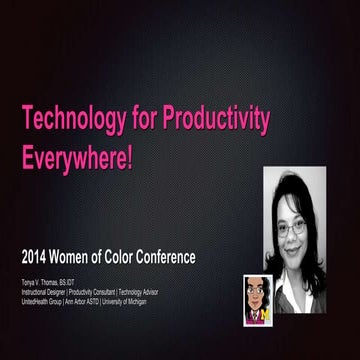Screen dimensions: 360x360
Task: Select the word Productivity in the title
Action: pyautogui.click(x=219, y=121)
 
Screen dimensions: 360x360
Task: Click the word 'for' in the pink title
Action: pyautogui.click(x=150, y=121)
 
